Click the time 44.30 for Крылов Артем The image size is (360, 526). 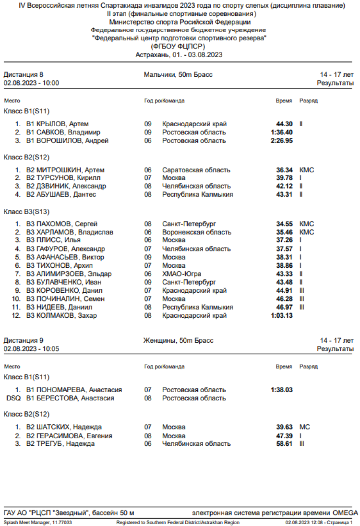pos(285,124)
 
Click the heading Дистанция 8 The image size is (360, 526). pos(24,74)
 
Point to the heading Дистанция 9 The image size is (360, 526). pos(24,340)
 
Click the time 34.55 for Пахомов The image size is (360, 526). pos(285,224)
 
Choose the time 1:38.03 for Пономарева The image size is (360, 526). pos(281,390)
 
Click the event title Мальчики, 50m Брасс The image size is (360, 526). pos(178,74)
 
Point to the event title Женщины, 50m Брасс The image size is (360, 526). pos(178,340)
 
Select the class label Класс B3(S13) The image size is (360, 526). pos(27,211)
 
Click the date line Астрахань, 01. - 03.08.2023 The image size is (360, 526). pos(179,55)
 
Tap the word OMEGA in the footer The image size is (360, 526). pos(345,512)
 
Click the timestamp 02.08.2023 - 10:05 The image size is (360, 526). pos(31,349)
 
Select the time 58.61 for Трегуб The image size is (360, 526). pos(285,443)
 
